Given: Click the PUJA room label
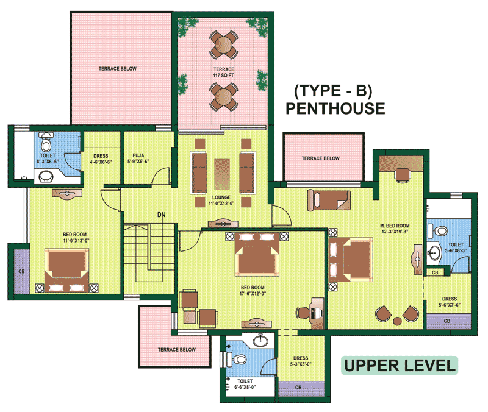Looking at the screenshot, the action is coord(138,158).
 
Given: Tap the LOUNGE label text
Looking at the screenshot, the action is coord(221,201).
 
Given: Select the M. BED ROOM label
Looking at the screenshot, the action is coord(395,229).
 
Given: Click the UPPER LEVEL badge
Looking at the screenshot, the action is coord(400,365).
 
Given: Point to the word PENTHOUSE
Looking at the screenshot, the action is coord(335,108).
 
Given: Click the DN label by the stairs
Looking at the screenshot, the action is coord(161,215).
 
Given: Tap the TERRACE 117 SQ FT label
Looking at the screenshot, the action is coord(223,73).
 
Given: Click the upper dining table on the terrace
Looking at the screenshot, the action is coord(223,44).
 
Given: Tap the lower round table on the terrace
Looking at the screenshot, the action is coord(223,96).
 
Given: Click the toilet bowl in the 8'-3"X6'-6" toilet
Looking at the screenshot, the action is coord(46,145).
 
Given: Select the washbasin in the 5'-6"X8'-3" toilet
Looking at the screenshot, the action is coord(434,252).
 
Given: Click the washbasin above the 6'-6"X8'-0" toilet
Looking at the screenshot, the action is coord(260,340).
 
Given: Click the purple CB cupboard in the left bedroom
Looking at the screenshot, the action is coord(22,271).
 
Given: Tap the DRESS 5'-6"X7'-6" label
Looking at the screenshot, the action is coord(450,302).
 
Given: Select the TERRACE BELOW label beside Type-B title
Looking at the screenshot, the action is coord(320,158).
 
